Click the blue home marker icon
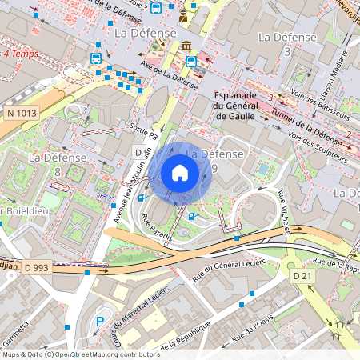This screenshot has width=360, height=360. pyautogui.click(x=180, y=173)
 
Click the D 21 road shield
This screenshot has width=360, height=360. pyautogui.click(x=302, y=275)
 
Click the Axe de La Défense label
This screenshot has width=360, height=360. pyautogui.click(x=169, y=74)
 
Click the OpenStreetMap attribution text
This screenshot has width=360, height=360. pyautogui.click(x=81, y=354)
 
